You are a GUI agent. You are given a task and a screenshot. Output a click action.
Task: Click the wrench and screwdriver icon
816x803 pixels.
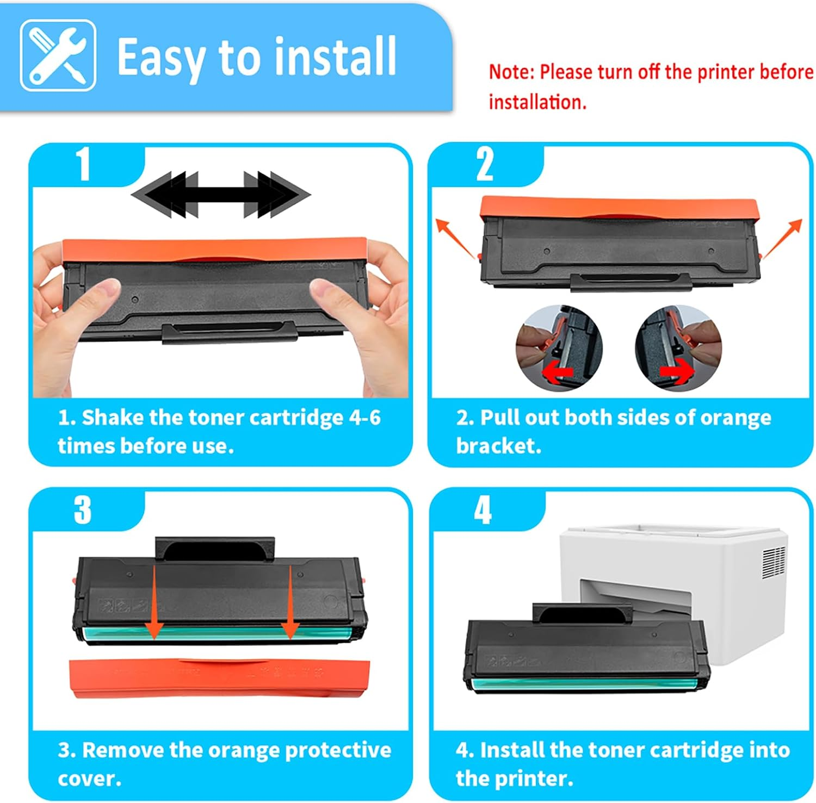(58, 55)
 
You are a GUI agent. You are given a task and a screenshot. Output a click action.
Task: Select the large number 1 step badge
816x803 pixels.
(83, 164)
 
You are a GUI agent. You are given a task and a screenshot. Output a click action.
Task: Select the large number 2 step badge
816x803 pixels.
(484, 164)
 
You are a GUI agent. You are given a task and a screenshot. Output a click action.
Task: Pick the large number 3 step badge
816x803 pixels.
(83, 509)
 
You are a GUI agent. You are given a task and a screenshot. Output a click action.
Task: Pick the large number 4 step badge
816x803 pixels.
(483, 510)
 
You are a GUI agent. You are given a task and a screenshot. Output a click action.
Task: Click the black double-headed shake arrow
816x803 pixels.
(220, 195)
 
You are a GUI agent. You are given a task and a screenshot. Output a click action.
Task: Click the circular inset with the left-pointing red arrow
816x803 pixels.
(559, 348)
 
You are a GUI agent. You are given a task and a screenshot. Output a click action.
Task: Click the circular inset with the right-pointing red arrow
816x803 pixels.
(678, 348)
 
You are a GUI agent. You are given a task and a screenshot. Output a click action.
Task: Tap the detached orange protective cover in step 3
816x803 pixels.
(220, 677)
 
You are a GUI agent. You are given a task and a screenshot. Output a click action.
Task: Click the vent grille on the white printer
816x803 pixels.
(773, 562)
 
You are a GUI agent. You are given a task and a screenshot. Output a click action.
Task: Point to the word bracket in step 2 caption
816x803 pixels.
(497, 446)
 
